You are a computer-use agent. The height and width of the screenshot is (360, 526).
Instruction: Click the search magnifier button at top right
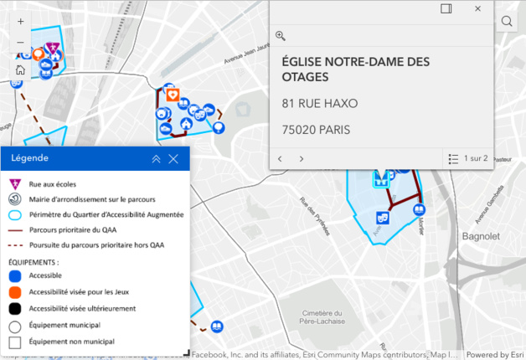(507, 22)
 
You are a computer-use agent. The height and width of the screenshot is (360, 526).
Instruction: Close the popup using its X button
(477, 8)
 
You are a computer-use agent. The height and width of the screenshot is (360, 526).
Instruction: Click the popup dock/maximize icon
(446, 8)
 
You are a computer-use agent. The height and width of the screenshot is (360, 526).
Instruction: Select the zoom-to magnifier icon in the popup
(281, 36)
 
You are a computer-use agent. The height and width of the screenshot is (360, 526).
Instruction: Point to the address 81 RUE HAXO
(319, 104)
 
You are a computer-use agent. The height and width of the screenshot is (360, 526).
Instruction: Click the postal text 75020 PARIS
(316, 130)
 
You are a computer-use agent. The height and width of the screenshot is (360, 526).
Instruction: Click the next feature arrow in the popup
(302, 158)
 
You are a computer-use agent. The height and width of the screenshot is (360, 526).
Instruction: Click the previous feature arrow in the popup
(281, 158)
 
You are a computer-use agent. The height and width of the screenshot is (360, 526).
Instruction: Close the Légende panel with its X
(173, 158)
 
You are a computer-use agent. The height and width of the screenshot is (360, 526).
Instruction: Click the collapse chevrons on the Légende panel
(156, 158)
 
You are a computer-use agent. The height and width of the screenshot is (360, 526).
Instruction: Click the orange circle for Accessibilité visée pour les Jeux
(15, 292)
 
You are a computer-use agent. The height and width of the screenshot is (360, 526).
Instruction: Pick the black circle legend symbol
(15, 309)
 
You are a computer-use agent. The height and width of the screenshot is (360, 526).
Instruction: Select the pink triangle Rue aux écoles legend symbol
(15, 183)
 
